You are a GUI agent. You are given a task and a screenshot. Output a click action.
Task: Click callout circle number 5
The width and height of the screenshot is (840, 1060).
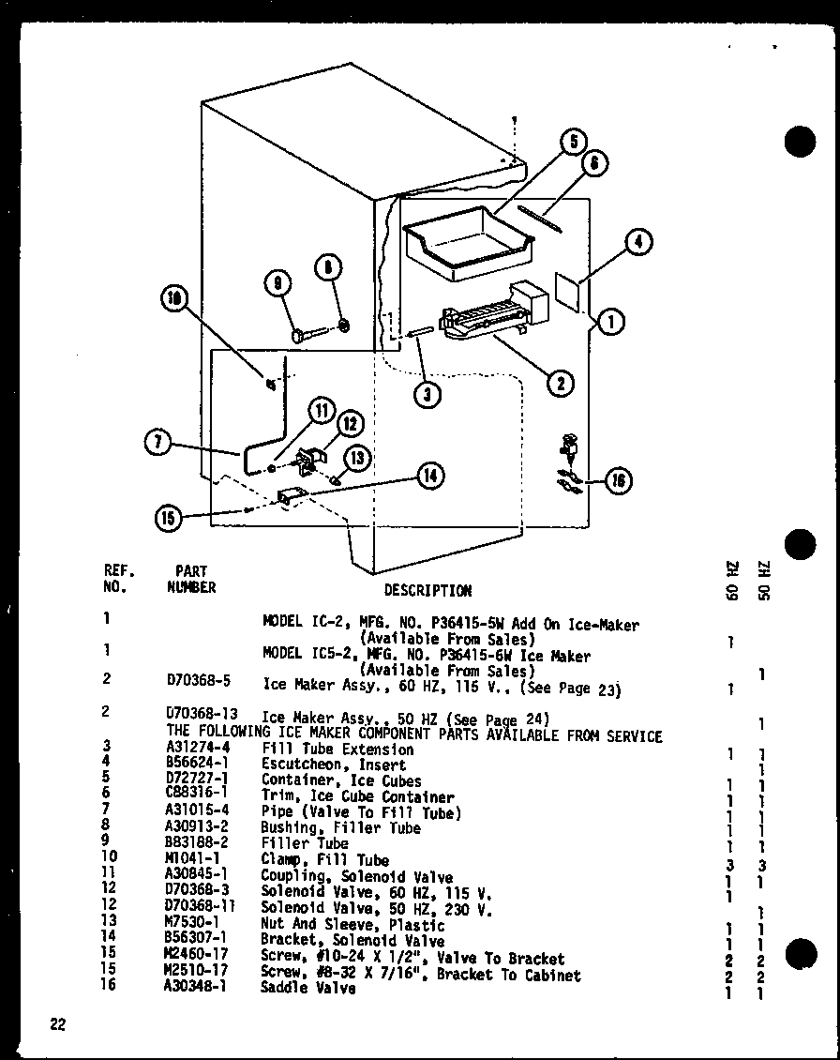pyautogui.click(x=573, y=144)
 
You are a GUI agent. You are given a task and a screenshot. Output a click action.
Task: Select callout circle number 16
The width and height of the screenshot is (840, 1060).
pyautogui.click(x=618, y=481)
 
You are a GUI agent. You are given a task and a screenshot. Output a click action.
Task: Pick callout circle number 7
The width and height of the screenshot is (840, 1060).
pyautogui.click(x=159, y=443)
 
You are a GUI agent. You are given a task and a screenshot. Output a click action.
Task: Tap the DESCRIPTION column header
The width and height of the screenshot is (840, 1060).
pyautogui.click(x=427, y=590)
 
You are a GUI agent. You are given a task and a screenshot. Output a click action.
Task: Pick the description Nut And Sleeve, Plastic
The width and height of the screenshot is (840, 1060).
pyautogui.click(x=352, y=925)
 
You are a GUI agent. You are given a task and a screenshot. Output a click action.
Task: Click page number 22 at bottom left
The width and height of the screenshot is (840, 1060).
pyautogui.click(x=59, y=1024)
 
